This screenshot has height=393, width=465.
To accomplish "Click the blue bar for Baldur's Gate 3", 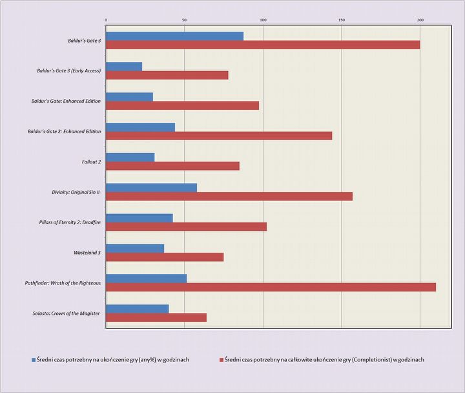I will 174,36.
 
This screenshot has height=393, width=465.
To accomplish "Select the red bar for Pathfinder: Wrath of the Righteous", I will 271,287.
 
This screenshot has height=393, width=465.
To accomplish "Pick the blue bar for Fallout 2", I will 130,157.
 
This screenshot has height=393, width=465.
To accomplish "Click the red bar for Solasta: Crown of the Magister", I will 156,317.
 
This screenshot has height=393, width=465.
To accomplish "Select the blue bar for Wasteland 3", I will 135,248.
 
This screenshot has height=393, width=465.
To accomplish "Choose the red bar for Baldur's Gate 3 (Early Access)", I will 167,75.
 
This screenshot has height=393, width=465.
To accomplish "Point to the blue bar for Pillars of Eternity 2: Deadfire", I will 139,218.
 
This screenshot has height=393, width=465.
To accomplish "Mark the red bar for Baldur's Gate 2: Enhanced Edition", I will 219,136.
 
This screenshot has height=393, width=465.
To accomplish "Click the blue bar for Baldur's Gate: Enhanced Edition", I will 129,97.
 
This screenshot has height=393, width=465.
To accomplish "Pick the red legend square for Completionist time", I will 221,359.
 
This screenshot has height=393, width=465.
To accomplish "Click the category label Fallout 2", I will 88,162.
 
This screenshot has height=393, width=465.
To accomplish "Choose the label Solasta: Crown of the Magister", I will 67,313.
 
